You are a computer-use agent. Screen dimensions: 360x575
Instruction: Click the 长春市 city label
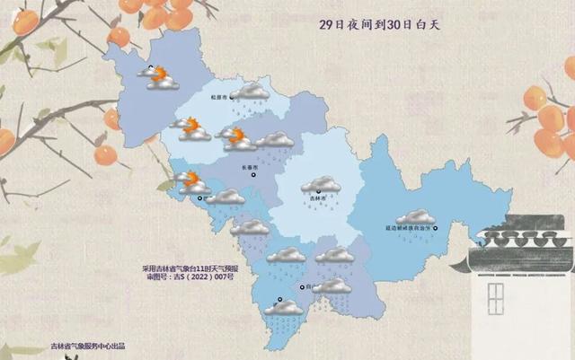[249, 167]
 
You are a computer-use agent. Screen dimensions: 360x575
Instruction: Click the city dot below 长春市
[252, 176]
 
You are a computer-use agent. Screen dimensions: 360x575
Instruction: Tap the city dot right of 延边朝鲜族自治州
[437, 228]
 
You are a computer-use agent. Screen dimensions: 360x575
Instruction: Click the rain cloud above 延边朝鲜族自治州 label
[415, 216]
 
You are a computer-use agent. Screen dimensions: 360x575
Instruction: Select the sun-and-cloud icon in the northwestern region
[162, 77]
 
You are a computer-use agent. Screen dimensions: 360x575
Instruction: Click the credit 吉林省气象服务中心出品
[87, 347]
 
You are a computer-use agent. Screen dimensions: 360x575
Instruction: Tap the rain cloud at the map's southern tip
[285, 309]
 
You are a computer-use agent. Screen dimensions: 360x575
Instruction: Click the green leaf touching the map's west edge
[168, 185]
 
